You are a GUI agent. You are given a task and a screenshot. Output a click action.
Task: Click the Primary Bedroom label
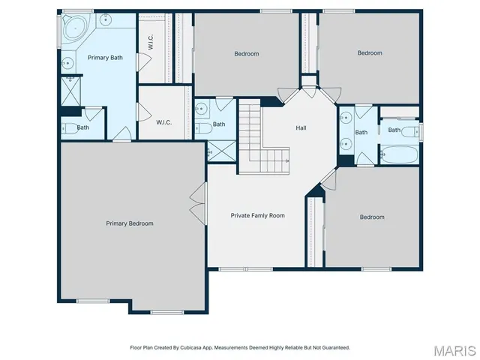[x=129, y=223]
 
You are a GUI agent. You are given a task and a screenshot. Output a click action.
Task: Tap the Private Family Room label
[x=257, y=215]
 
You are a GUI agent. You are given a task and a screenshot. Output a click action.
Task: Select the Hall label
[x=301, y=127]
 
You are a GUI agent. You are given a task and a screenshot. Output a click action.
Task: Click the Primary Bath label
[x=105, y=58]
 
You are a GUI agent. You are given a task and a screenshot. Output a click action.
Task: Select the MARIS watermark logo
[x=454, y=349]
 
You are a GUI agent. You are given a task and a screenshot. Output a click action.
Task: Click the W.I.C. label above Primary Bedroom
[x=164, y=122]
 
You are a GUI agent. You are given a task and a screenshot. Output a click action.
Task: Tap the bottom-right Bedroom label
[x=371, y=217]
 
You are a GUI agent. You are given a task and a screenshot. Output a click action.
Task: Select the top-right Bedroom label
[x=369, y=52]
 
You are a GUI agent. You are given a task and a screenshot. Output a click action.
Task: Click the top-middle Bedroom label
[x=246, y=53]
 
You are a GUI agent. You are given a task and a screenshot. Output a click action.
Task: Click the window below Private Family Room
[x=245, y=268]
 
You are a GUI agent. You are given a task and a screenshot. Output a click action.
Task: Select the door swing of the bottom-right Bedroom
[x=328, y=178]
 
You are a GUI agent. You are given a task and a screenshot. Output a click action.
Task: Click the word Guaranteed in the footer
[x=333, y=347]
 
